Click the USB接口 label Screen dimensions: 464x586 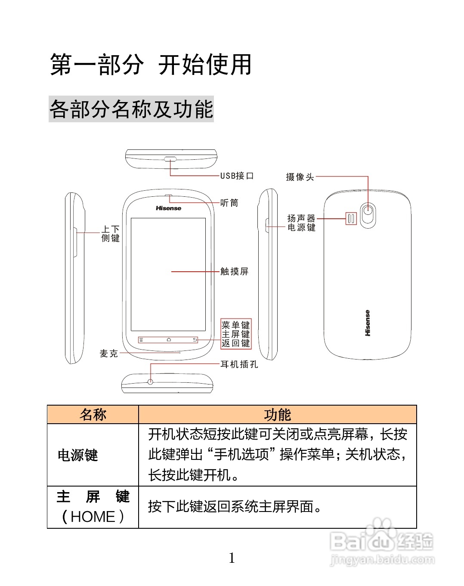tap(237, 176)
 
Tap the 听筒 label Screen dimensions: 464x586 tap(229, 203)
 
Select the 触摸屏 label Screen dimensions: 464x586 tap(234, 271)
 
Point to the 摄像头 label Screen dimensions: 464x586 tap(300, 177)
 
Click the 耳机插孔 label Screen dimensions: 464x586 tap(239, 364)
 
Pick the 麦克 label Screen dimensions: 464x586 tap(108, 353)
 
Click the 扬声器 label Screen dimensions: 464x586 tap(301, 218)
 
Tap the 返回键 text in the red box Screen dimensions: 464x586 tap(235, 343)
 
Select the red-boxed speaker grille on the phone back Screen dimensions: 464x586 tap(351, 219)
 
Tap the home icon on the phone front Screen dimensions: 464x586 tap(169, 340)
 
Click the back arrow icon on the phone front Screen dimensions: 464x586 tap(195, 340)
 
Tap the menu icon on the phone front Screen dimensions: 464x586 tap(141, 340)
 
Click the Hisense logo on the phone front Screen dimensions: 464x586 tap(168, 208)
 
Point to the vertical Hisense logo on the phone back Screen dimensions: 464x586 tap(367, 323)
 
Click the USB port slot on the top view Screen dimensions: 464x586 tap(170, 159)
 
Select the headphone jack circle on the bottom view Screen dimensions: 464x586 tap(150, 381)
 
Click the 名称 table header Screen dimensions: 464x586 tap(93, 415)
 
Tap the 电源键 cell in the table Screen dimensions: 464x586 tap(78, 455)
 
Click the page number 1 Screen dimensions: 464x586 tap(232, 558)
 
